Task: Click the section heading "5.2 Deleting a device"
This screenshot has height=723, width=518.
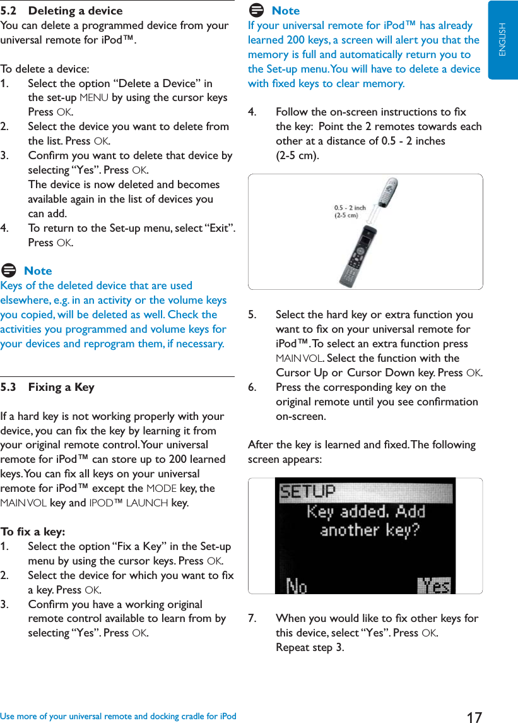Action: pos(62,11)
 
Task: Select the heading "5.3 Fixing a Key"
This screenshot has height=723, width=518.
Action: pos(47,387)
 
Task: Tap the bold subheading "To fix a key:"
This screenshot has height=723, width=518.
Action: pos(33,532)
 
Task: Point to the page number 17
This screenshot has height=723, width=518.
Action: pos(474,717)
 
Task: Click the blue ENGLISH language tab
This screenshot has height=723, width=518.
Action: pos(502,39)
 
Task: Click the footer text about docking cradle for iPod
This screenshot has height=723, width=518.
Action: pos(119,716)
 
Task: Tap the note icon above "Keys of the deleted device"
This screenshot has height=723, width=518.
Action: pos(9,271)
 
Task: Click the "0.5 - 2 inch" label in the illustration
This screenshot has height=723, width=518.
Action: pos(350,208)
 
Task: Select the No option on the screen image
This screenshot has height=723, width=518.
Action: pos(297,586)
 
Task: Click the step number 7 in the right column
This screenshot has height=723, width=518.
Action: pos(252,618)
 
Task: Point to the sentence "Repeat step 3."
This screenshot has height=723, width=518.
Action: pos(310,647)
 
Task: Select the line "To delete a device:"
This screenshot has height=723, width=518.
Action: pos(45,69)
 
